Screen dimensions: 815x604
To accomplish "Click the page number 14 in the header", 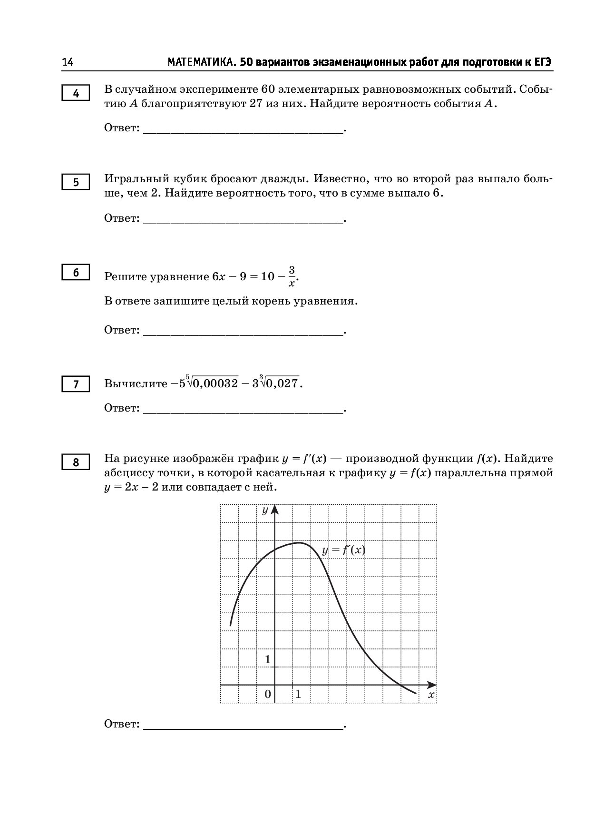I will [x=68, y=63].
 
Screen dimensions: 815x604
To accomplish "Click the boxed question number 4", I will [x=76, y=94].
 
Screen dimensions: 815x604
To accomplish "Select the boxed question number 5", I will [x=76, y=183].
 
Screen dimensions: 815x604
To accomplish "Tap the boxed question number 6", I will [x=76, y=273].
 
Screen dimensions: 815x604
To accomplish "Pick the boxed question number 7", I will [x=76, y=384].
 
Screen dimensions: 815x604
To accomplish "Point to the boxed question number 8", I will [x=76, y=462].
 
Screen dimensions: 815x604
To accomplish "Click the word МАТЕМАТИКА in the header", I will [x=201, y=63].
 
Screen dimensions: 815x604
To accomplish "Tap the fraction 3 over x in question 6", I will [x=292, y=276].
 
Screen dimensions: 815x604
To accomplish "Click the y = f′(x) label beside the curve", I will [x=343, y=550].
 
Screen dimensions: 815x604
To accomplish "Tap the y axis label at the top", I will [x=265, y=511].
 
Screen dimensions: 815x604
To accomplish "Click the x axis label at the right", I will [x=431, y=695].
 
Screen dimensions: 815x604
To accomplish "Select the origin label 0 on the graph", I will [x=268, y=694].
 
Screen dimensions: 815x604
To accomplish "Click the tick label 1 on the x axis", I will [x=298, y=694].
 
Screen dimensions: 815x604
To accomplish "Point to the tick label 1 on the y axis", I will [x=268, y=659].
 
